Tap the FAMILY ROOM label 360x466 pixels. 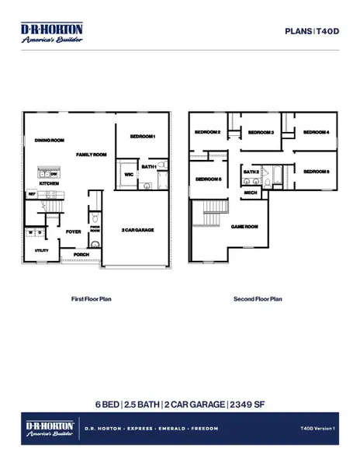(91, 155)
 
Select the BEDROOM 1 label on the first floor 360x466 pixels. (143, 137)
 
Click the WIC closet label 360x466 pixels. (129, 175)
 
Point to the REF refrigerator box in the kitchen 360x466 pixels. (33, 196)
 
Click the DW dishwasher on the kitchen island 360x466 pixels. (54, 174)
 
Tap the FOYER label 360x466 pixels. (74, 231)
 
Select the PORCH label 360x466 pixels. (80, 254)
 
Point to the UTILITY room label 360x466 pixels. (42, 251)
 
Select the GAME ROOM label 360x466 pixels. (244, 227)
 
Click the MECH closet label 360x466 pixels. (251, 192)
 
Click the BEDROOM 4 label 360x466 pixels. (316, 133)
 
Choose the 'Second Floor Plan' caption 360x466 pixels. (258, 299)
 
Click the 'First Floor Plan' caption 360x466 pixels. (92, 299)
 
